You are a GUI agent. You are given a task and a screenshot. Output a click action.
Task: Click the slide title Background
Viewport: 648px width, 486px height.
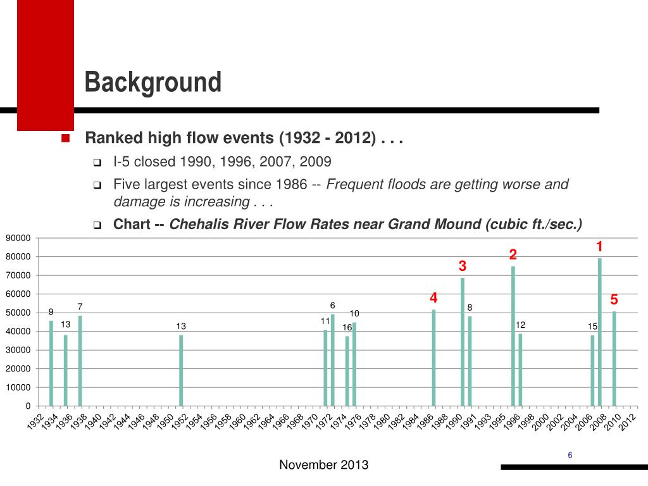click(153, 82)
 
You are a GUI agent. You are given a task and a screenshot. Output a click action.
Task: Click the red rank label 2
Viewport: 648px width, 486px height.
click(513, 255)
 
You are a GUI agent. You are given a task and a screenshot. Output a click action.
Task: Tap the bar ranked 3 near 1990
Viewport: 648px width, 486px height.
click(463, 342)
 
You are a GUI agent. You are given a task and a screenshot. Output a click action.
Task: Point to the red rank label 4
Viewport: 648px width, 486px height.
click(433, 297)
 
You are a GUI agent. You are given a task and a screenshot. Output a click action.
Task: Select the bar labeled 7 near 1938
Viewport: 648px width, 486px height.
click(80, 360)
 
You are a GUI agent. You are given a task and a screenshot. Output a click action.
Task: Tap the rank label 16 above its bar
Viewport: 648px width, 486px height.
click(347, 327)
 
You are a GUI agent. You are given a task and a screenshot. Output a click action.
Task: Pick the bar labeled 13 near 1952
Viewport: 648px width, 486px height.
click(181, 370)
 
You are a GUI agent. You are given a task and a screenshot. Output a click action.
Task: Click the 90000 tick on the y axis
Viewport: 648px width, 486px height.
click(18, 238)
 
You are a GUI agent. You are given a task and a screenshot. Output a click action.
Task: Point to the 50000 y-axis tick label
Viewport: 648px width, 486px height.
click(18, 313)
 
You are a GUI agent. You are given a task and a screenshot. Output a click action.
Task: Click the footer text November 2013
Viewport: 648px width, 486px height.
click(323, 465)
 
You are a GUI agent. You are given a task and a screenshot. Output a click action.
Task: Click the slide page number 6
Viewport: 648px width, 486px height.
click(570, 456)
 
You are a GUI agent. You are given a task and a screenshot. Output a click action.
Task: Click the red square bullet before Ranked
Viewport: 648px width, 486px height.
click(65, 139)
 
